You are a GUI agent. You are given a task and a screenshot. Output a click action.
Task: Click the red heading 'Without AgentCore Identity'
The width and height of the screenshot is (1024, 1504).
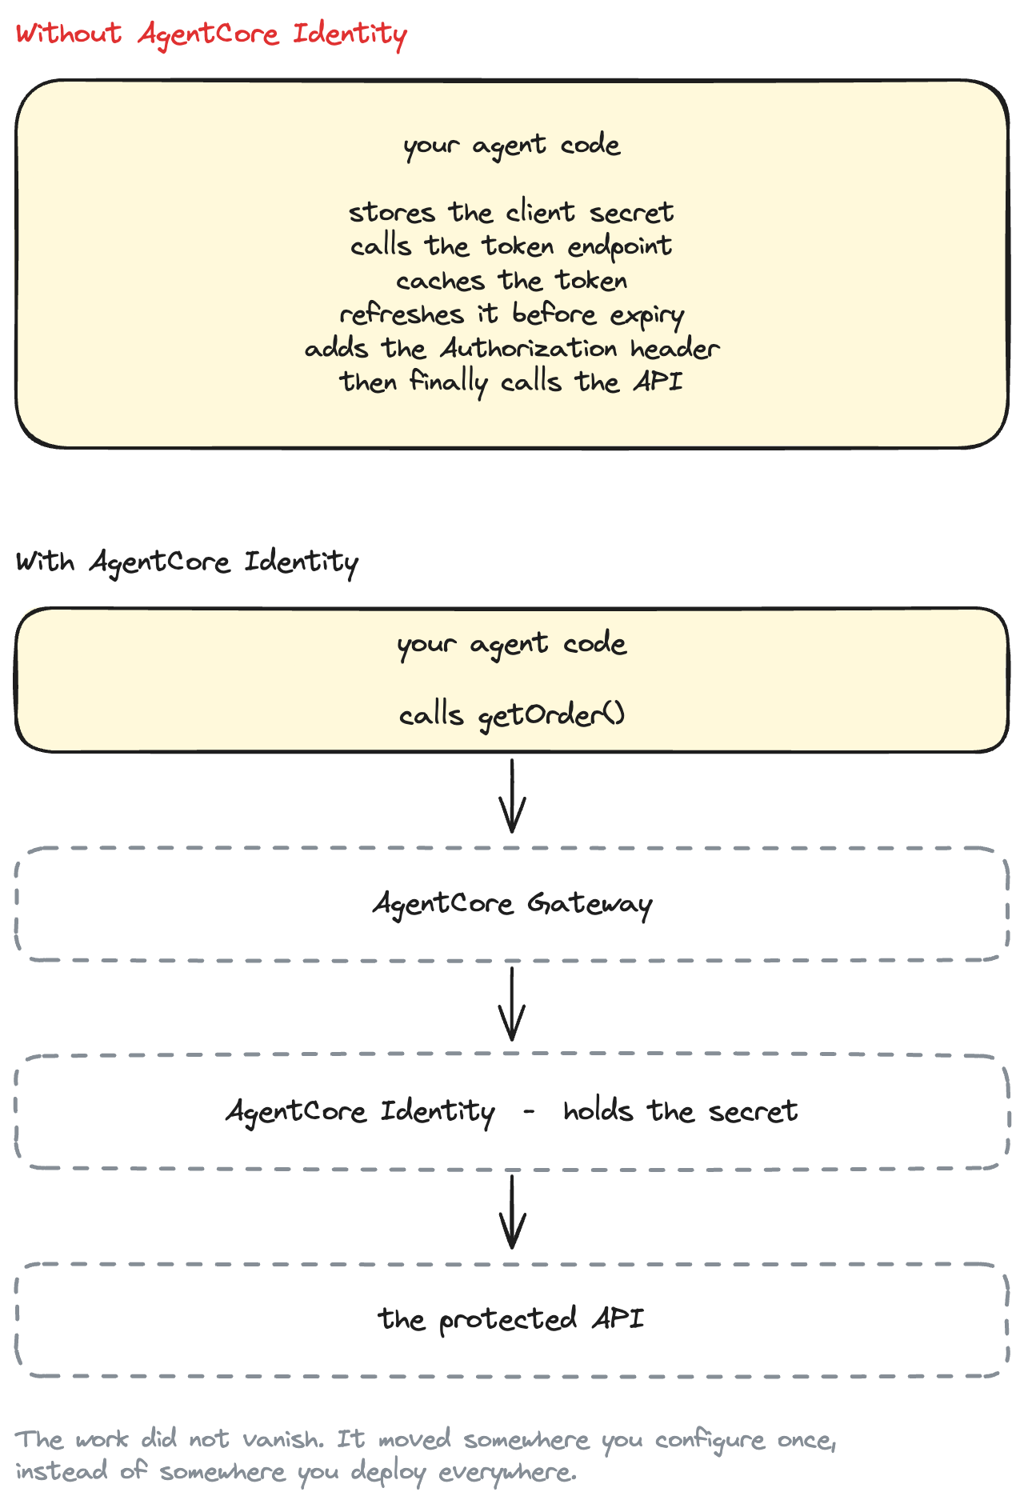click(x=211, y=34)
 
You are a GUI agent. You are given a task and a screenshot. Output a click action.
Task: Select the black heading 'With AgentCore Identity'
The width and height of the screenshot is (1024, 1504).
click(x=187, y=562)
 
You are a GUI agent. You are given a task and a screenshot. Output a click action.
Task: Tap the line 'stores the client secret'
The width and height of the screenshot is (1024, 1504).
click(x=511, y=212)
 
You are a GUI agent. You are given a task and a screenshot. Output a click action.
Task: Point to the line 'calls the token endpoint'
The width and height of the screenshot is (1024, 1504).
click(x=511, y=246)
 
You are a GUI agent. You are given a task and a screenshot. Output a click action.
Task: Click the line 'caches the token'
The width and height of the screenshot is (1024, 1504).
click(x=511, y=280)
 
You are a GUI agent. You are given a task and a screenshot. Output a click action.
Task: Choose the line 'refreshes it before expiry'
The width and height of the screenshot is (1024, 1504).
click(x=511, y=314)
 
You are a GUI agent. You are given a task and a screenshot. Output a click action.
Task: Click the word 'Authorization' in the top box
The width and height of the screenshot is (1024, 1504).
click(x=529, y=348)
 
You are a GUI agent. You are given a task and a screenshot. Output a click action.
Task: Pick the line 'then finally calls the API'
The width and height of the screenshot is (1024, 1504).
click(x=511, y=382)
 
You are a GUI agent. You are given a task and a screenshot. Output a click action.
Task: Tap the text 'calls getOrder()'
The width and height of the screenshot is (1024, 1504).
click(x=512, y=714)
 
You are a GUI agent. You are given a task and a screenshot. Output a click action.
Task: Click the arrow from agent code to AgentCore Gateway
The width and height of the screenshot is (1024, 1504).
click(x=512, y=796)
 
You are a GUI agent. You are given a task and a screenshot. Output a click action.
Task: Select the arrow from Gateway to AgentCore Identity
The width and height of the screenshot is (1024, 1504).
click(x=512, y=1004)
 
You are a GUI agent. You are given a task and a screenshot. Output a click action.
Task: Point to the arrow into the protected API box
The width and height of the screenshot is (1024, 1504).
click(x=512, y=1211)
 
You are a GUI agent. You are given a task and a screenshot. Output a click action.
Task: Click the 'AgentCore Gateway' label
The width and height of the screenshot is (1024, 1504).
click(x=512, y=904)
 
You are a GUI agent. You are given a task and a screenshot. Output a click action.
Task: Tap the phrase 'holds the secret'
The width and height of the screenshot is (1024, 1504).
click(x=680, y=1111)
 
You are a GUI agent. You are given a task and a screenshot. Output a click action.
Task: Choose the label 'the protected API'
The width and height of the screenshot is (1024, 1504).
click(x=511, y=1319)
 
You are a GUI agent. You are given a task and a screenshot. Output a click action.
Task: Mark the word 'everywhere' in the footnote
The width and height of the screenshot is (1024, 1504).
click(x=507, y=1472)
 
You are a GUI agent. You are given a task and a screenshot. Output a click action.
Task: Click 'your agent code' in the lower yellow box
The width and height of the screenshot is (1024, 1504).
click(x=512, y=645)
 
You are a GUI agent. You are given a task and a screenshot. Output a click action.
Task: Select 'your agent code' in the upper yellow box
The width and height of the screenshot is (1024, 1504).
click(x=512, y=146)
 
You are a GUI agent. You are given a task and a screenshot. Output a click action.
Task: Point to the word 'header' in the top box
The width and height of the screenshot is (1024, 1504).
click(x=675, y=348)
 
